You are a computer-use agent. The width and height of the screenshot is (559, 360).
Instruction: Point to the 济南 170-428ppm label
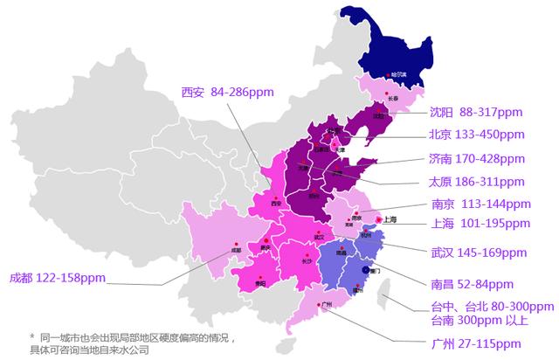[x=476, y=159]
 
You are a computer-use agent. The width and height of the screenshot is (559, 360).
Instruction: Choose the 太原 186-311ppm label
[x=476, y=182]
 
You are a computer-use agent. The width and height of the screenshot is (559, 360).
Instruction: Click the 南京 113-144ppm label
[x=480, y=204]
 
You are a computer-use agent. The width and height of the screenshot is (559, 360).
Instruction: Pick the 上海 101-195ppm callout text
[x=480, y=224]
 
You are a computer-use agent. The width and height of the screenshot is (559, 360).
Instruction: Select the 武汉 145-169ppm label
[x=478, y=253]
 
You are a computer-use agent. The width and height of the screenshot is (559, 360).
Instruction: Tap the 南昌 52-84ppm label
[x=472, y=285]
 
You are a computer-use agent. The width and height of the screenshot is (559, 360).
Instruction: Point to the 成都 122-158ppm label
[x=57, y=278]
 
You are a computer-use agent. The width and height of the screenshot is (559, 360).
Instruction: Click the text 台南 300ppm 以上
[x=483, y=320]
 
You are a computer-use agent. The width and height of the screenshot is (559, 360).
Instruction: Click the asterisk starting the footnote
[x=32, y=336]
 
